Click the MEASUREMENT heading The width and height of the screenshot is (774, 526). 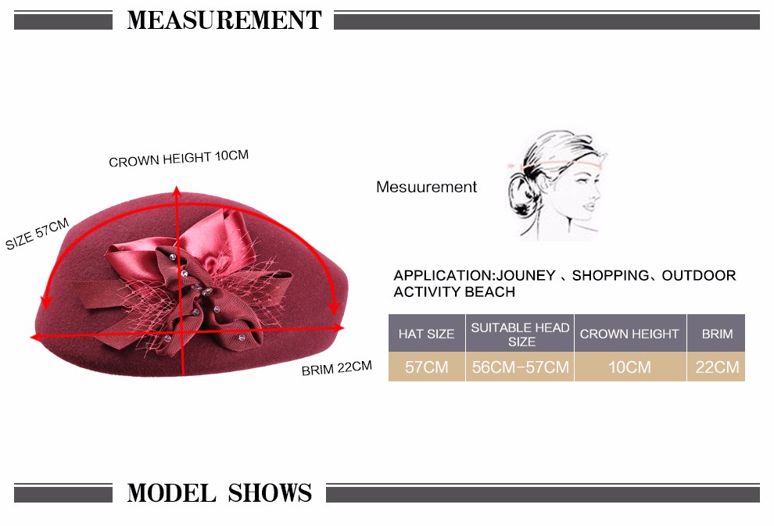click(x=224, y=20)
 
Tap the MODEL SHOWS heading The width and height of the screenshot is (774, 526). click(x=220, y=492)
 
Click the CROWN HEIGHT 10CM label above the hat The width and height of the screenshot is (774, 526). click(x=179, y=159)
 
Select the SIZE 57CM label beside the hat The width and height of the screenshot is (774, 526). click(x=37, y=234)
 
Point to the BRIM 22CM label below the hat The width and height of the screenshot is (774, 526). click(x=337, y=368)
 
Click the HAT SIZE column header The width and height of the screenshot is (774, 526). click(x=427, y=334)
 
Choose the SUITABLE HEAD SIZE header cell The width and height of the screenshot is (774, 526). click(x=520, y=334)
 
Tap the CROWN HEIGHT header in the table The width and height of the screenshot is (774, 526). click(x=629, y=334)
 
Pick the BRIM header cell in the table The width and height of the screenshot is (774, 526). click(x=717, y=334)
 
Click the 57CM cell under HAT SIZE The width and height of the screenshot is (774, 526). click(x=427, y=367)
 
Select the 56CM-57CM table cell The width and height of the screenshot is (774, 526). click(x=520, y=367)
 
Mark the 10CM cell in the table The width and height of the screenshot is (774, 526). click(x=629, y=367)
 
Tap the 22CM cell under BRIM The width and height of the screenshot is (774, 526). click(x=717, y=367)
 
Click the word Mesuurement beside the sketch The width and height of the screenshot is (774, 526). click(x=427, y=187)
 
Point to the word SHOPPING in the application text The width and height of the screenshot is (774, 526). click(x=611, y=275)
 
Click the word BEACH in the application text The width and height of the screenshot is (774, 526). click(x=490, y=292)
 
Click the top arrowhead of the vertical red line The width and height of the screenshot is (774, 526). click(x=176, y=191)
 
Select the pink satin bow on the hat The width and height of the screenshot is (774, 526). click(x=217, y=237)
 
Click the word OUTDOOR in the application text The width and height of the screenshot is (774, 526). click(x=699, y=275)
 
